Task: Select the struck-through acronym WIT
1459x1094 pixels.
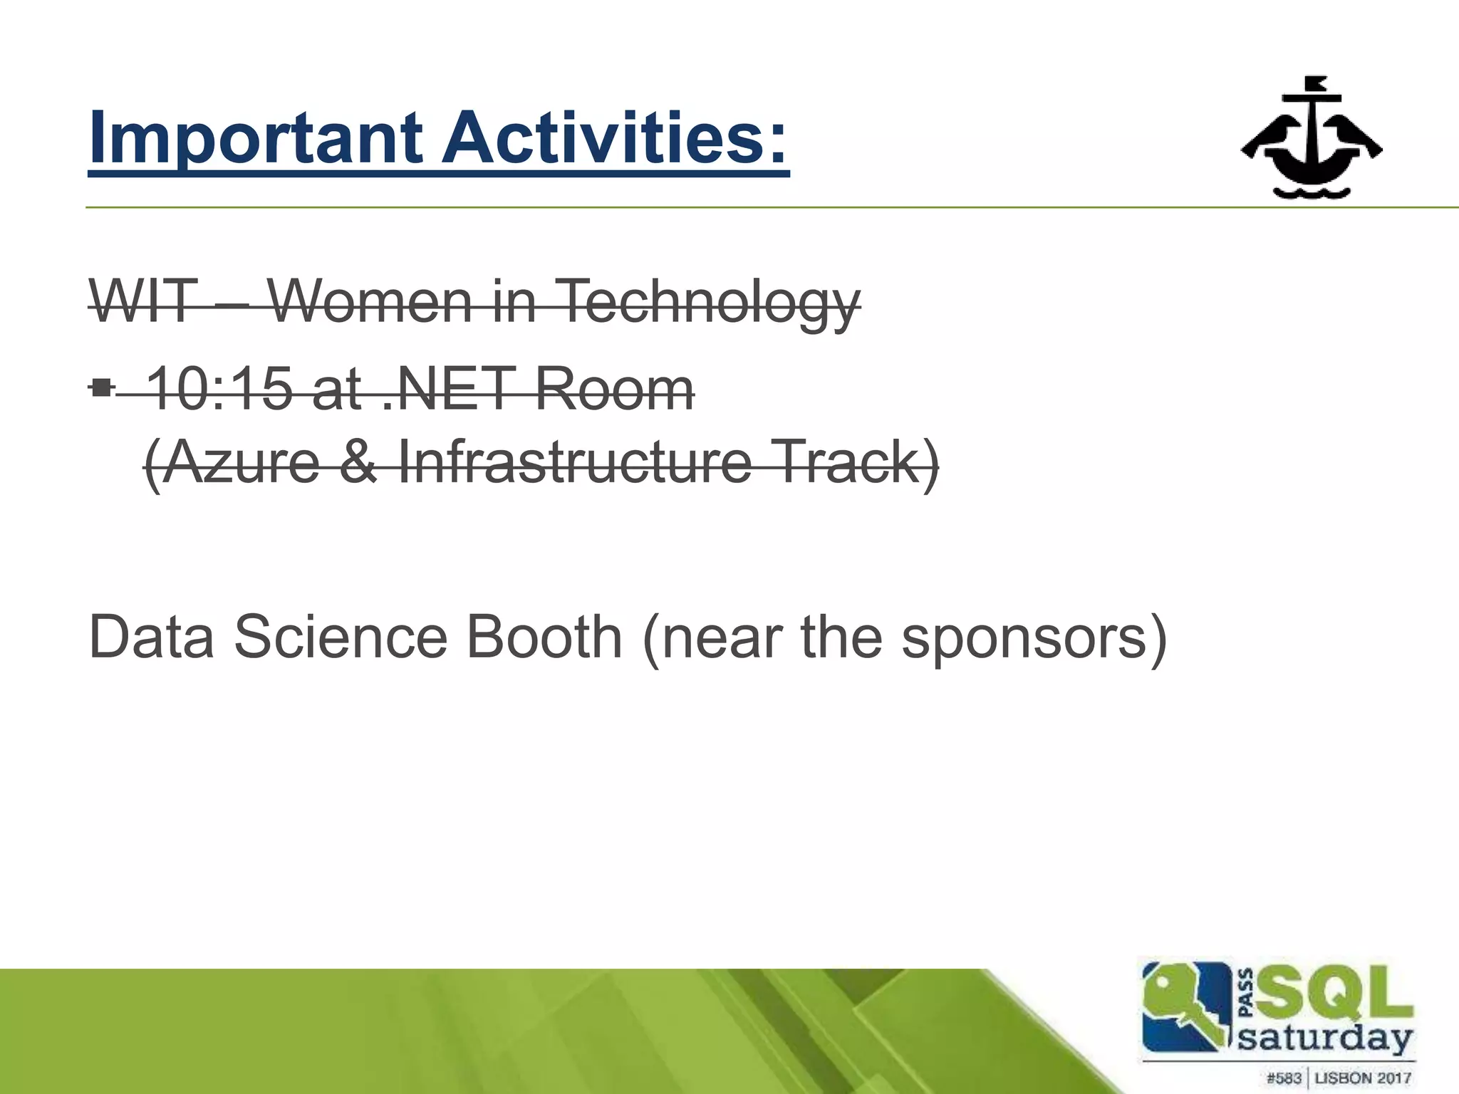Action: click(x=142, y=301)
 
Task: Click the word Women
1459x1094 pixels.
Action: click(x=370, y=301)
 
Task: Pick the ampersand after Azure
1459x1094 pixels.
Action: click(x=358, y=462)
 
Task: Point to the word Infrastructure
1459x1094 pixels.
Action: click(x=574, y=462)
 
